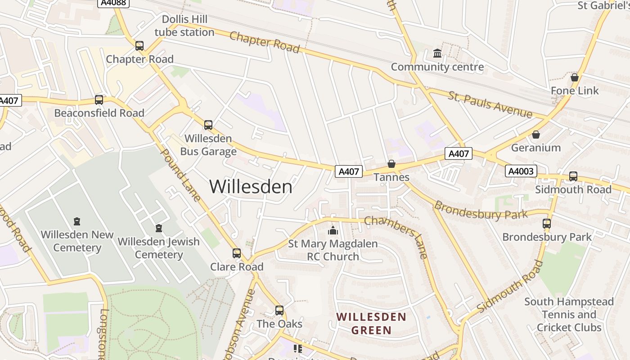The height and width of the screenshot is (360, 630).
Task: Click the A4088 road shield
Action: [113, 3]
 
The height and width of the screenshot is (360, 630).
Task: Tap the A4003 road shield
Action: [522, 171]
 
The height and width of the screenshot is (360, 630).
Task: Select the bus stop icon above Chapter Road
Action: [139, 45]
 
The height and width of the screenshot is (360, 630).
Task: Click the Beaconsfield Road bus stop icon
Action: [99, 99]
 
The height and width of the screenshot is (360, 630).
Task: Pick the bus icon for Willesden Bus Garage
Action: [208, 125]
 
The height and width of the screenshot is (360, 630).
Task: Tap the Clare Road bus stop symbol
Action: [237, 253]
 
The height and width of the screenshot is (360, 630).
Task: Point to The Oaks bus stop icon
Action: [279, 310]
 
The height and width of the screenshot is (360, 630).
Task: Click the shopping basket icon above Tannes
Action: [391, 164]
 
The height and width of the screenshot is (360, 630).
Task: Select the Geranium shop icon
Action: [535, 135]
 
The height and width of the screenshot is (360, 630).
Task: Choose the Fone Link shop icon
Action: [574, 77]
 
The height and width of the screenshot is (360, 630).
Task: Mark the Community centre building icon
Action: [437, 54]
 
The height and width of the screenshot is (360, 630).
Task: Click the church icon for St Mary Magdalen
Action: [333, 230]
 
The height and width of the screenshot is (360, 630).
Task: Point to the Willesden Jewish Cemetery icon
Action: [158, 228]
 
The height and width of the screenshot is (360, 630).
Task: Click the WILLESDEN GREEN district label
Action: [371, 324]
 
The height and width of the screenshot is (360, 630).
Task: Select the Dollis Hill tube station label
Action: [184, 26]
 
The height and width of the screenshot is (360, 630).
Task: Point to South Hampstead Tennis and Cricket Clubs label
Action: [569, 314]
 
